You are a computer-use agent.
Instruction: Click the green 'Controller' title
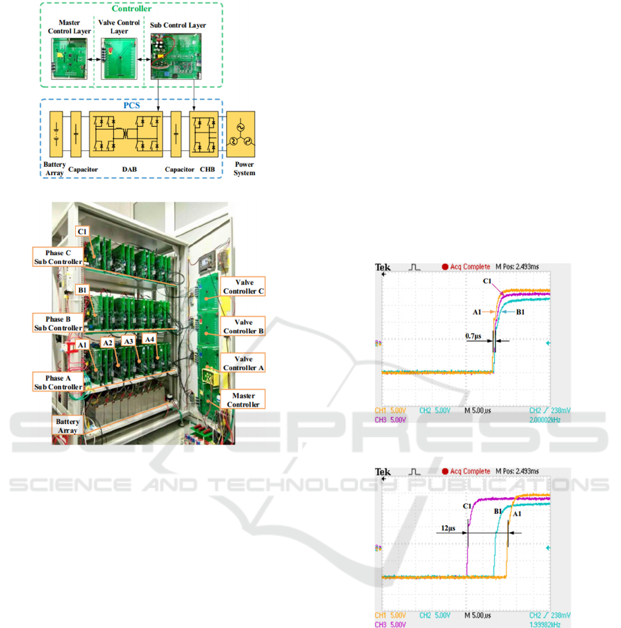(x=131, y=10)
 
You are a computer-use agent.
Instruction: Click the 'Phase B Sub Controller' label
(x=58, y=323)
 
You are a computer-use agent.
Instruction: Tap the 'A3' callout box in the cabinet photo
(x=128, y=341)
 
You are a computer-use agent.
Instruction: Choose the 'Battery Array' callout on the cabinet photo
(x=68, y=425)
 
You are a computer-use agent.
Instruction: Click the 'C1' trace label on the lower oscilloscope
(x=467, y=506)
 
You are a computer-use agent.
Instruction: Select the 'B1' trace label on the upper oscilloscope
(x=521, y=312)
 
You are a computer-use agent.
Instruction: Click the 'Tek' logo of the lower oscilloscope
(x=382, y=472)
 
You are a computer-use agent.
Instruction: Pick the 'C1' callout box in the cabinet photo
(x=82, y=231)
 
